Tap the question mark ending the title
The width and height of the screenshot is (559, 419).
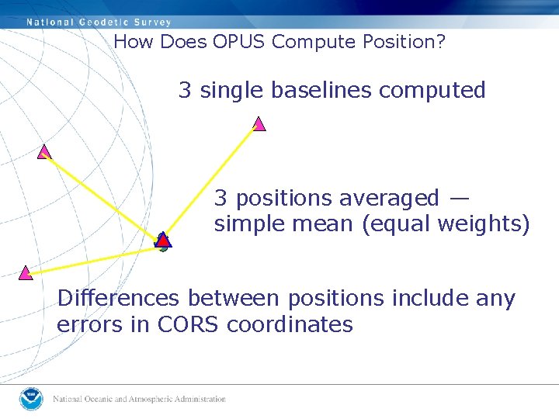pyautogui.click(x=441, y=41)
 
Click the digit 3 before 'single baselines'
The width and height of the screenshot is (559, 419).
pyautogui.click(x=185, y=90)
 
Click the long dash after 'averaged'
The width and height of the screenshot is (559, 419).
pyautogui.click(x=459, y=198)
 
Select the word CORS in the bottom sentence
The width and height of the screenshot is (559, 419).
pyautogui.click(x=189, y=324)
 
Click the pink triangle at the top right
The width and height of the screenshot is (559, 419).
pyautogui.click(x=259, y=124)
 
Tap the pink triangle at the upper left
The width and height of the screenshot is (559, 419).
pyautogui.click(x=44, y=152)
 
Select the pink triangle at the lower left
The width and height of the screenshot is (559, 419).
pyautogui.click(x=26, y=273)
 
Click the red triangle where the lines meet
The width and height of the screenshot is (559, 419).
pyautogui.click(x=163, y=241)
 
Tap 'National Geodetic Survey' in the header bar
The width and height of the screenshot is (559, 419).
pyautogui.click(x=99, y=23)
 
